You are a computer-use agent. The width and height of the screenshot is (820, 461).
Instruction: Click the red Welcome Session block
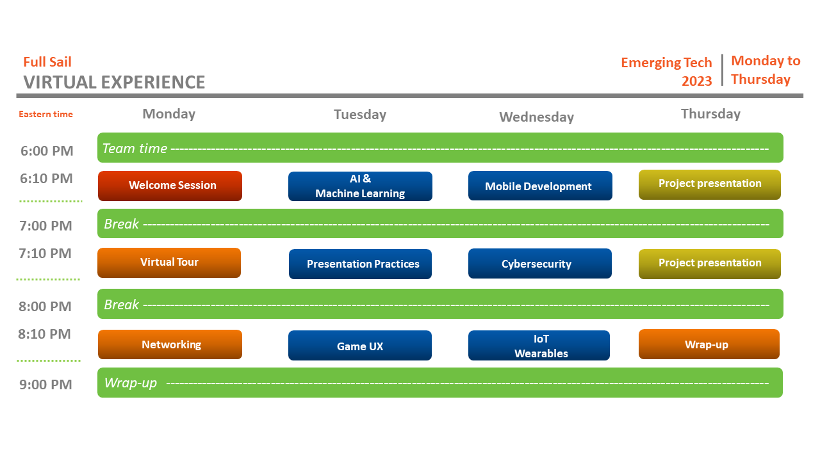tap(170, 186)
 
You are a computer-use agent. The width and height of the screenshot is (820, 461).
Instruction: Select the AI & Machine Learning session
tap(360, 186)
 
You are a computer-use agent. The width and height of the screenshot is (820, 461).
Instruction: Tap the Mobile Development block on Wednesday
tap(540, 186)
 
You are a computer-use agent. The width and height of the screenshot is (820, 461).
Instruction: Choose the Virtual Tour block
tap(169, 263)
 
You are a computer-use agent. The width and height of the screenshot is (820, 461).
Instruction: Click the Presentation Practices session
tap(360, 264)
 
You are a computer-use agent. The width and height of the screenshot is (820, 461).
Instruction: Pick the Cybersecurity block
tap(539, 264)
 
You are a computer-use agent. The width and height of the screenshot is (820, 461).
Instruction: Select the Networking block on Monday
tap(170, 344)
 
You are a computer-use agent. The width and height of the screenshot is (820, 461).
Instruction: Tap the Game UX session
tap(360, 346)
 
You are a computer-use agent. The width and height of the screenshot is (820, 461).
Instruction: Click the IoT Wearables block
tap(539, 346)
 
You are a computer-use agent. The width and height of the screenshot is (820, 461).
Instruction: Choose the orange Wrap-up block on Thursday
tap(709, 344)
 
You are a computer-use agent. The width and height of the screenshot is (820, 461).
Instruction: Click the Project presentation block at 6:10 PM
tap(710, 184)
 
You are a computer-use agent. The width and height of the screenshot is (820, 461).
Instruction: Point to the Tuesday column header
tap(360, 115)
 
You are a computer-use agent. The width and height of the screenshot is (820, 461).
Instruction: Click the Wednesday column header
tap(536, 117)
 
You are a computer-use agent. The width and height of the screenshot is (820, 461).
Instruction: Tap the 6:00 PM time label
tap(47, 151)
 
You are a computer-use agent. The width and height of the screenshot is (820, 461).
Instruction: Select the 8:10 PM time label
tap(45, 334)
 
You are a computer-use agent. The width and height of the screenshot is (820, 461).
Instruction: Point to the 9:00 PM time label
tap(45, 384)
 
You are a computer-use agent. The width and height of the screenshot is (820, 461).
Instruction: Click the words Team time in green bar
tap(135, 149)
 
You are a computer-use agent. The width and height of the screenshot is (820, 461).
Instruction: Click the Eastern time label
tap(45, 115)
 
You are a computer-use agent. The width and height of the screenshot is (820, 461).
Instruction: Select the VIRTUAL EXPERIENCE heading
tap(114, 83)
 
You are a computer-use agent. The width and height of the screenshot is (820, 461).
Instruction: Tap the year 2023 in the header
tap(696, 81)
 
